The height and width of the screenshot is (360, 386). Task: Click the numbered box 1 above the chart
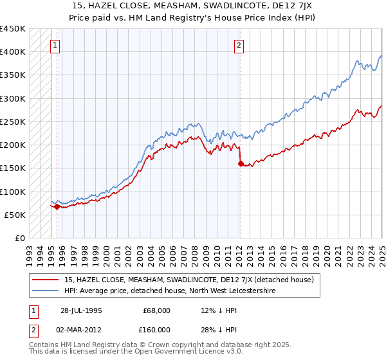coord(56,46)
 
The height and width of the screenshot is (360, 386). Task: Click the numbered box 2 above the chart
coord(239,46)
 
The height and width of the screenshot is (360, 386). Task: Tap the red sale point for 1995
coord(57,206)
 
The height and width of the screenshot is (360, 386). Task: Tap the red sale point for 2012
coord(241,163)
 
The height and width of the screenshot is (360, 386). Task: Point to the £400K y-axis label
coord(13,52)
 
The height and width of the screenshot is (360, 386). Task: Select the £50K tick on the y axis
coord(15,215)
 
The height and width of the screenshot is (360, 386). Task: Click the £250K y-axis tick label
coord(13,122)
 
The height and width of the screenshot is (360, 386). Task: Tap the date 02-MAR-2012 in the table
coord(81,330)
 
